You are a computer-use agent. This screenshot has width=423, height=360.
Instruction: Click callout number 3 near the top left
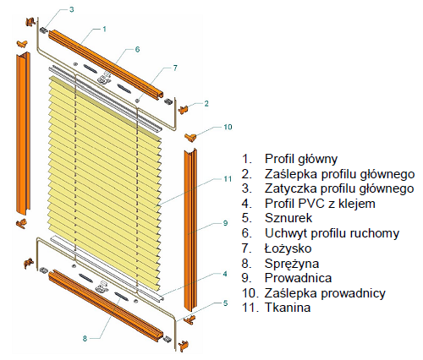(x=72, y=9)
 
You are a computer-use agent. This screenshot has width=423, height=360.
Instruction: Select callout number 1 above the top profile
(x=104, y=29)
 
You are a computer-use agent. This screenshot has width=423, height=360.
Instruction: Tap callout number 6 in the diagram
(x=137, y=49)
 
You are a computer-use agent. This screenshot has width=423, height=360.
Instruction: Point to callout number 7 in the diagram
(x=175, y=68)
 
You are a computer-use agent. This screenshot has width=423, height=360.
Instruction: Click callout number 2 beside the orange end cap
(x=206, y=104)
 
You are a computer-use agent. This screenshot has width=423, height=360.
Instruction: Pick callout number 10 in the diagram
(x=228, y=127)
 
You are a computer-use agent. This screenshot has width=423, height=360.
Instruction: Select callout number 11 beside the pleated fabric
(x=228, y=179)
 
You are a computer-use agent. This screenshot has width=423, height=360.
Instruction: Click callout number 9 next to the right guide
(x=225, y=223)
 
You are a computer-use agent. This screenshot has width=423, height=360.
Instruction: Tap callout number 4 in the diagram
(x=225, y=274)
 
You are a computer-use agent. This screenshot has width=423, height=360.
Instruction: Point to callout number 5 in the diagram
(x=225, y=303)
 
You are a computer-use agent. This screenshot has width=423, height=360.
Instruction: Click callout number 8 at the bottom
(x=85, y=339)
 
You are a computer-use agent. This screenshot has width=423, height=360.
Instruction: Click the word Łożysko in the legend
(x=288, y=248)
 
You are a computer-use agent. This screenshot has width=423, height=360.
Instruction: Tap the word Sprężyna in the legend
(x=292, y=264)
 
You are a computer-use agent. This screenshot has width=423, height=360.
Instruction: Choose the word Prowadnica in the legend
(x=299, y=278)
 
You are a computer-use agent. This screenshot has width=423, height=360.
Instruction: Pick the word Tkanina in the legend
(x=288, y=308)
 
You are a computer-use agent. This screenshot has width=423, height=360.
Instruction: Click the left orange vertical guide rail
(x=23, y=133)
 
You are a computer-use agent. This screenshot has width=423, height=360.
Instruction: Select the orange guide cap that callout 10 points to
(x=190, y=137)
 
